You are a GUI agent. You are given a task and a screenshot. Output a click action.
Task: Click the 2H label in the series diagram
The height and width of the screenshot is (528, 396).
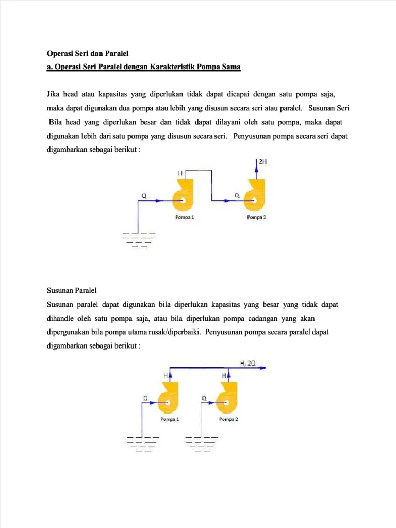click(x=263, y=162)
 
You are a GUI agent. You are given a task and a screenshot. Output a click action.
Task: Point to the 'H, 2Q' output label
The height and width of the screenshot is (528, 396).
click(x=247, y=363)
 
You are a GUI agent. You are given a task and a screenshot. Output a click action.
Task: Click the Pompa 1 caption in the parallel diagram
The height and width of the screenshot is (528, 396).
click(x=170, y=419)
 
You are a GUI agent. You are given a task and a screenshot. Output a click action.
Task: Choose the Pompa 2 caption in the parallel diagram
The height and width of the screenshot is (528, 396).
click(x=228, y=419)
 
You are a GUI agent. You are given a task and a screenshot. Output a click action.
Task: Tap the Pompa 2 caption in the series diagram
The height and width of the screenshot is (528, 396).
click(x=256, y=217)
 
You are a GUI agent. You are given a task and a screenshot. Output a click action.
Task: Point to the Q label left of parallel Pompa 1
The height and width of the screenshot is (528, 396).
click(x=146, y=398)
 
